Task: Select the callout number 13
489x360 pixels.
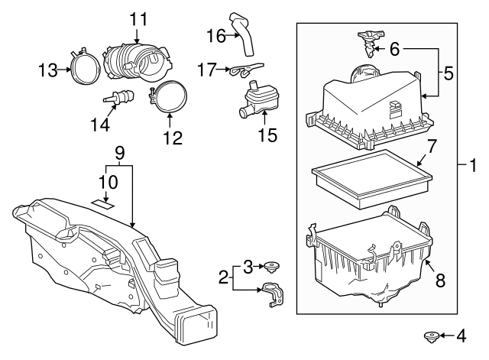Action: pos(48,70)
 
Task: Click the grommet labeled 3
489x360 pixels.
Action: pos(270,267)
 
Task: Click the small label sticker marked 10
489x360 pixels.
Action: pos(103,203)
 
